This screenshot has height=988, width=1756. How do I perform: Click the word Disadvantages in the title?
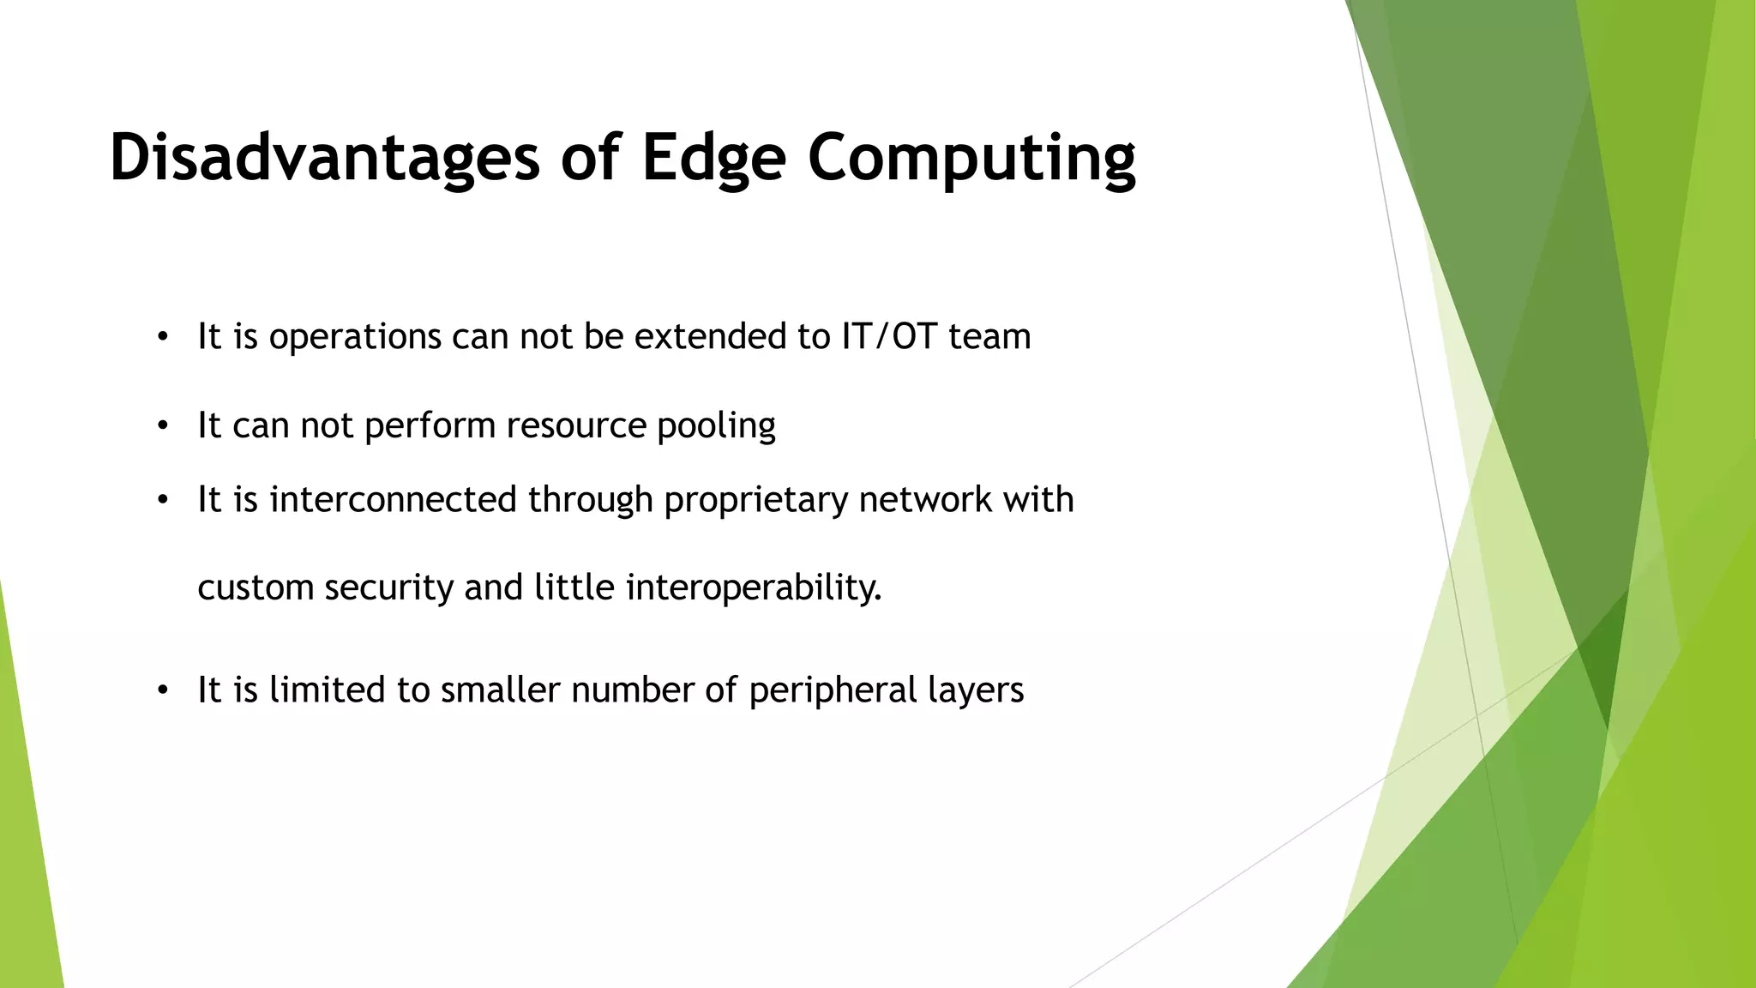click(x=324, y=158)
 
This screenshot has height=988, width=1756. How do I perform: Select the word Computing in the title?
click(x=971, y=158)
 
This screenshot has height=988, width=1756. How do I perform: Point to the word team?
click(x=989, y=336)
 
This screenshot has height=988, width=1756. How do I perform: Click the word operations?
click(x=355, y=336)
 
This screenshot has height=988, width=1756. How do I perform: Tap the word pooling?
click(x=716, y=425)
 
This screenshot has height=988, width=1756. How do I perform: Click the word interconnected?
click(x=393, y=499)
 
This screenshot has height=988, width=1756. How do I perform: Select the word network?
click(x=925, y=499)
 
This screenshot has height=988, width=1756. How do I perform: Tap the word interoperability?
click(x=754, y=587)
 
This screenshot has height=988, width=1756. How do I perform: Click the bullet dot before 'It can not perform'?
click(x=163, y=426)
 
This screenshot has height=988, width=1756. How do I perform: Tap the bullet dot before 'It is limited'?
click(x=163, y=690)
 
